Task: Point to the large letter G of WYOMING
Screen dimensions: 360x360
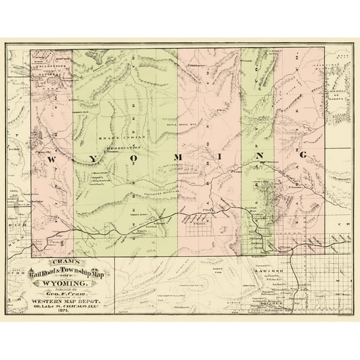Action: [x=302, y=154]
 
